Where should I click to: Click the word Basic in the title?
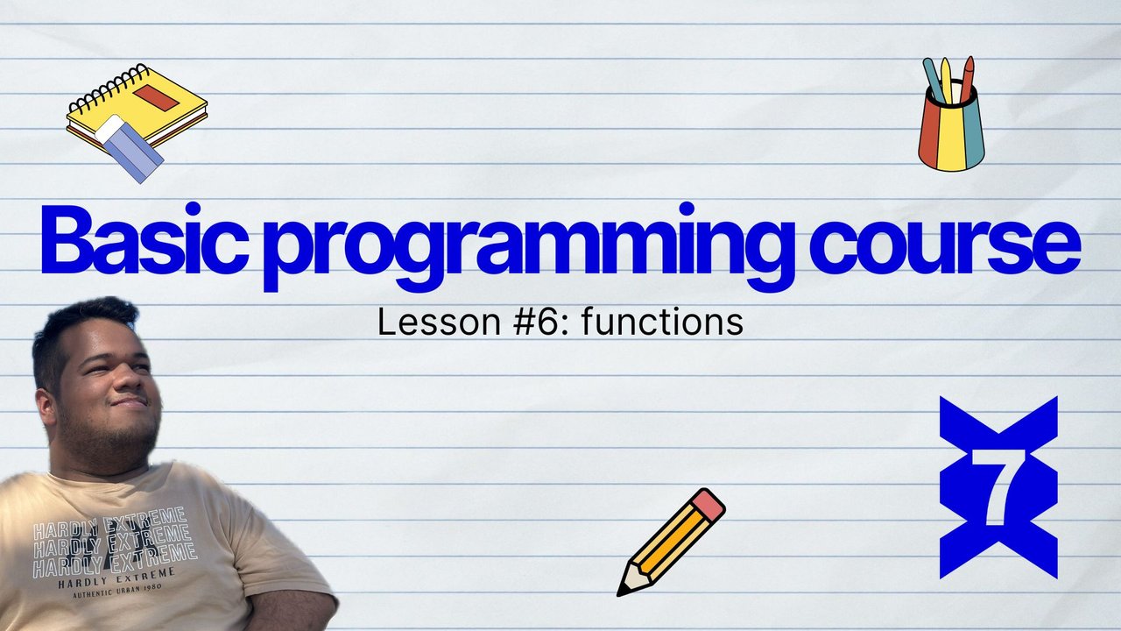(145, 239)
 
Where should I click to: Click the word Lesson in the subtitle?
(439, 322)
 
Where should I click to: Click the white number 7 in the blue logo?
(998, 486)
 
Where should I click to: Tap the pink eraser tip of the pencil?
(708, 504)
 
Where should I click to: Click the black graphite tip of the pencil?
(623, 590)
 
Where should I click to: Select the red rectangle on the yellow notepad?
(156, 97)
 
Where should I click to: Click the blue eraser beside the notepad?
(130, 149)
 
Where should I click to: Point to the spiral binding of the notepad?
(109, 89)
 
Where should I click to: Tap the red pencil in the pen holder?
(966, 79)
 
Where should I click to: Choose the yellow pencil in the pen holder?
(946, 80)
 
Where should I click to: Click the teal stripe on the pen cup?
(973, 135)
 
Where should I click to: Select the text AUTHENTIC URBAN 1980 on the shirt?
(117, 591)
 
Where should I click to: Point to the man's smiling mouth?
(129, 402)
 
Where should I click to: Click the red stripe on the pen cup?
(930, 131)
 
